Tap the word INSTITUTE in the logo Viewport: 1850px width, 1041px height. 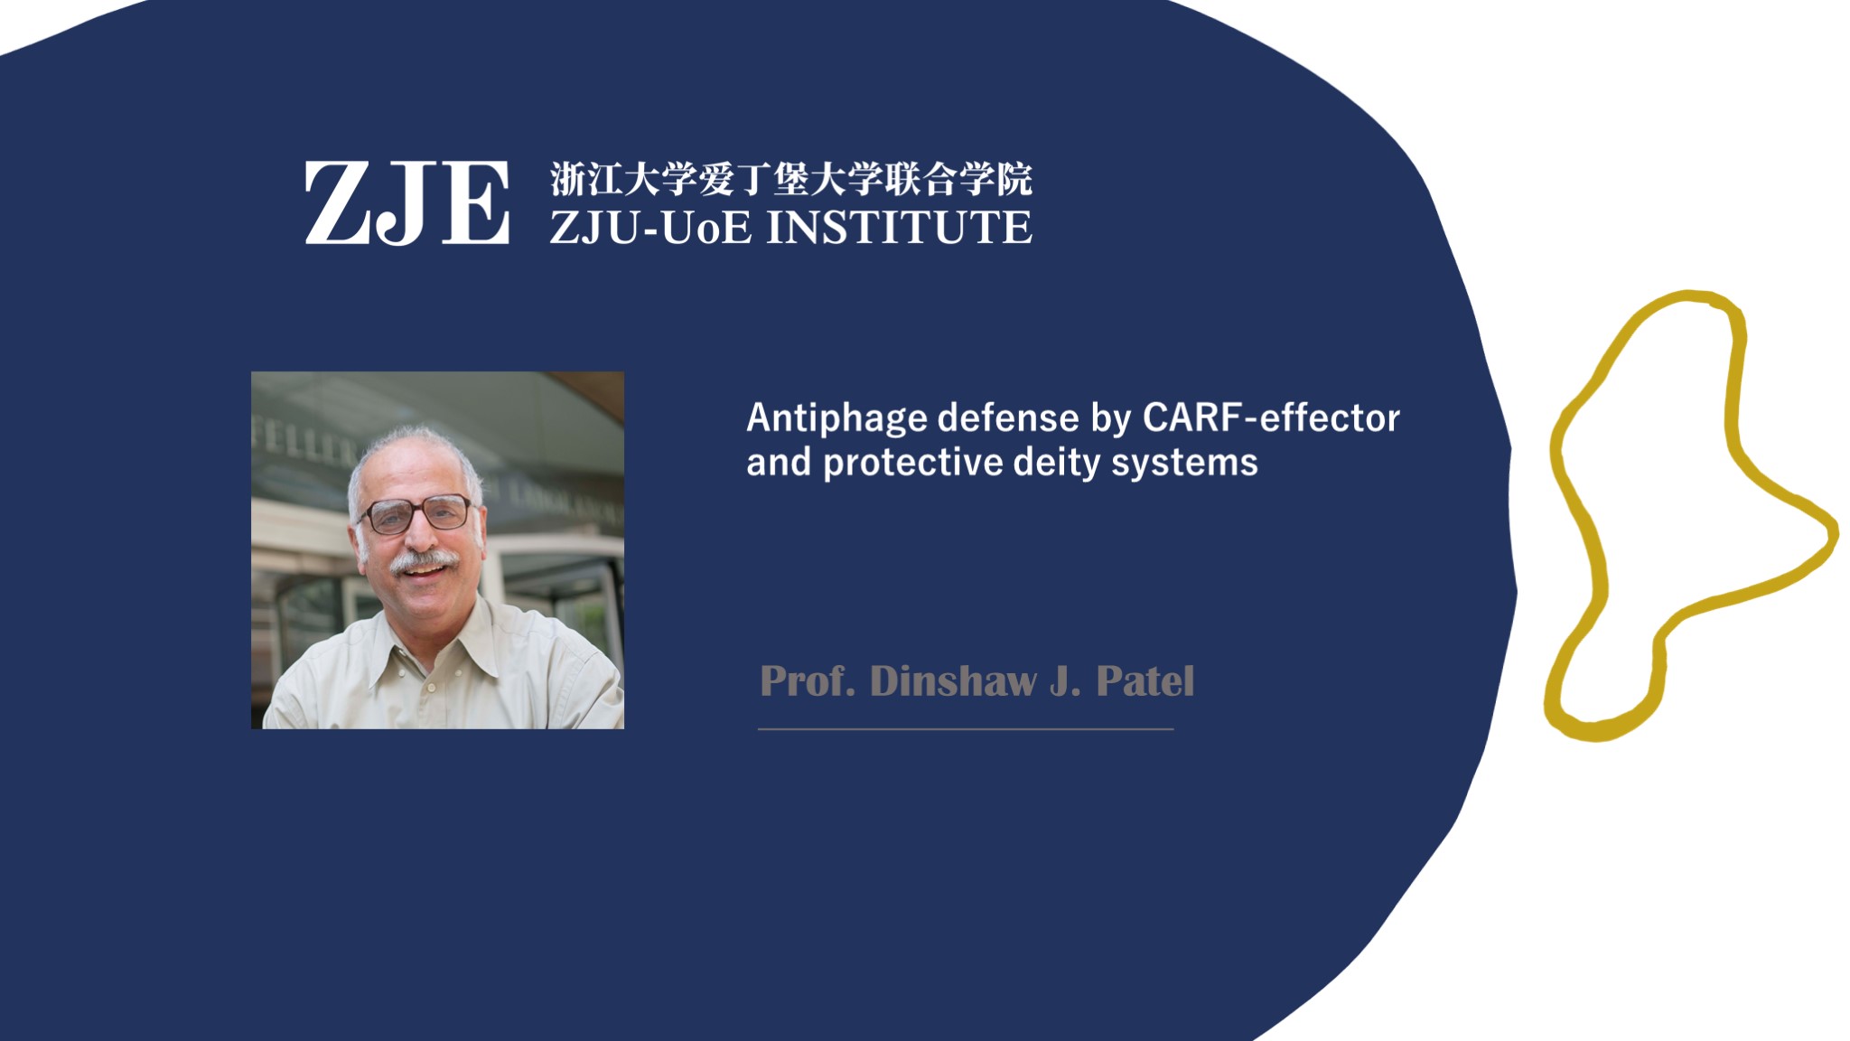click(899, 227)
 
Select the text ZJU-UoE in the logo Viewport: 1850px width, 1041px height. click(650, 227)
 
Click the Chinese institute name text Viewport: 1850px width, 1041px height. click(790, 179)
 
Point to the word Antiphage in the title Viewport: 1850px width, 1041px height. click(836, 419)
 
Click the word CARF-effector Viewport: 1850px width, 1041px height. click(1271, 417)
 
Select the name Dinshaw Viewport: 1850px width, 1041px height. click(953, 681)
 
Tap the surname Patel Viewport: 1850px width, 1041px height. click(1145, 681)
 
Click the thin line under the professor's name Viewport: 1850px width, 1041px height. click(966, 728)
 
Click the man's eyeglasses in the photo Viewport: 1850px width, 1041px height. click(416, 515)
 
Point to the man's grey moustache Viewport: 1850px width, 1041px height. click(423, 561)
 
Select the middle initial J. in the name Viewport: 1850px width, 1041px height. click(1066, 681)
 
